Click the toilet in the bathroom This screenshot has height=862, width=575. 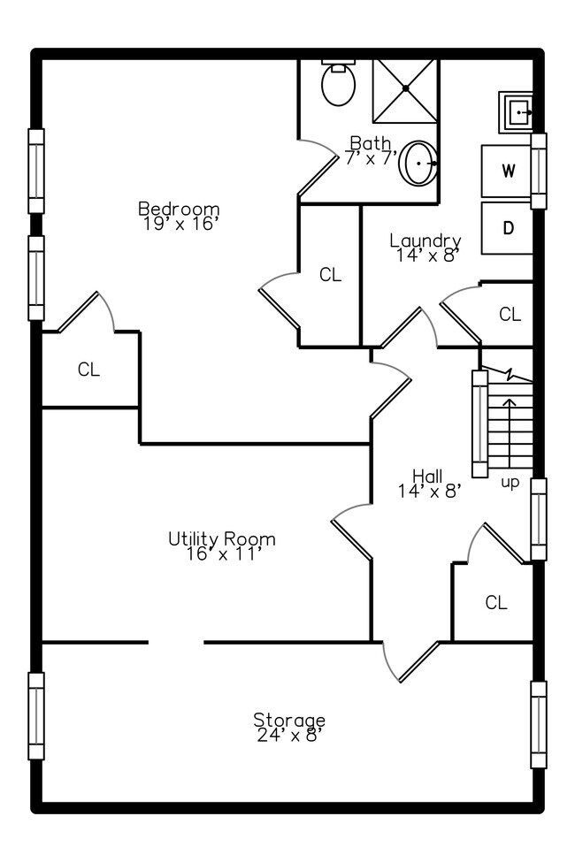coord(338,83)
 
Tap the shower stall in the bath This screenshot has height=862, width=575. coord(405,89)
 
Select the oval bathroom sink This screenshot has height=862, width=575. coord(418,164)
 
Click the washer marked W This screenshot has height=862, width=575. coord(508,171)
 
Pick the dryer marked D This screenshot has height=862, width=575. coord(508,228)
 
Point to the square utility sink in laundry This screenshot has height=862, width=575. coord(517,112)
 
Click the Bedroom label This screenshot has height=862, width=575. coord(178,209)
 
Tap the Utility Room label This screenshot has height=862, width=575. coord(222,538)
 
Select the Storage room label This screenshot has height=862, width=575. coord(289,720)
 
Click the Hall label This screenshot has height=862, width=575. coord(427,477)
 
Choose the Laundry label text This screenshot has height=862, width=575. coord(425,240)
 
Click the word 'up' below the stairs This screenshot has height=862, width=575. coord(510,483)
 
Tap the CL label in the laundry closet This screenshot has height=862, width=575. coord(510,314)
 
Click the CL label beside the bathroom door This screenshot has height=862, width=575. coord(330,275)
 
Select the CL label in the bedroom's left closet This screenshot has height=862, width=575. coord(88,370)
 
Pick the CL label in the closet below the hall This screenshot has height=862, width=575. coord(496,603)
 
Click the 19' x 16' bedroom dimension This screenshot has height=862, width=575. coord(180,224)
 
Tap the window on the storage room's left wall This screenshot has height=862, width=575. coord(36,715)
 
